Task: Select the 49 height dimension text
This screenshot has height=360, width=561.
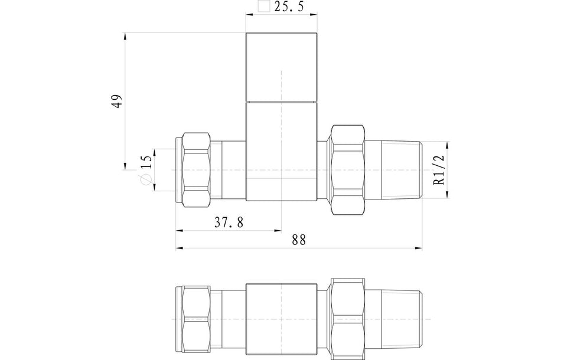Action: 118,100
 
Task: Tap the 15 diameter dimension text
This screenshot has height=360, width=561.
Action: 147,162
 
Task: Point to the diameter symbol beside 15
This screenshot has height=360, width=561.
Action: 145,182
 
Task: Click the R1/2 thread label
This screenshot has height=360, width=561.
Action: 439,170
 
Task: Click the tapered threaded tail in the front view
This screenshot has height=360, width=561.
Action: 399,170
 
